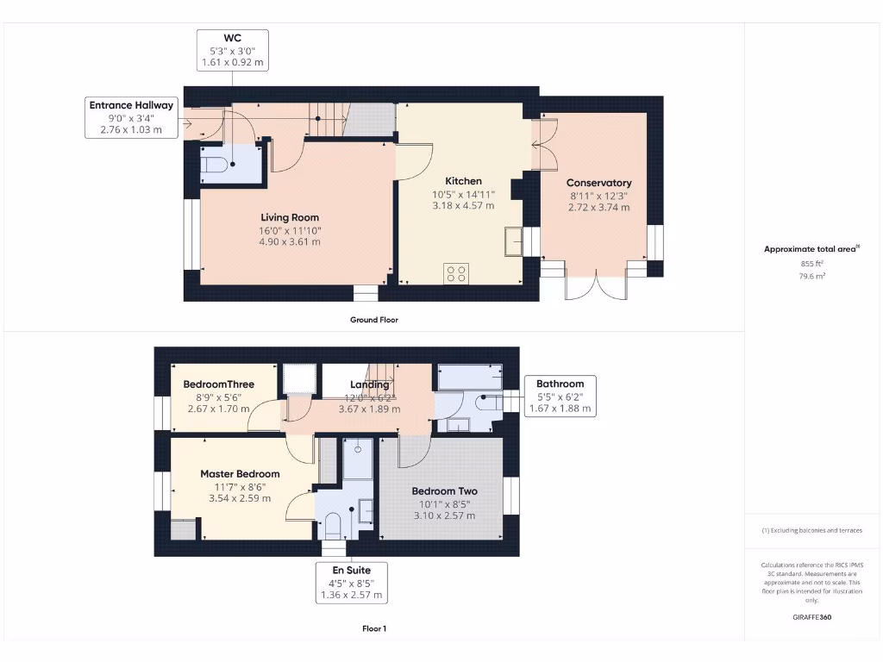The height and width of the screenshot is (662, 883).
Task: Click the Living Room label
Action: click(x=290, y=217)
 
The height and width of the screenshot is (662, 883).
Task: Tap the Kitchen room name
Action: click(x=463, y=181)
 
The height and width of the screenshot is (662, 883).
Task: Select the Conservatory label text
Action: click(x=598, y=183)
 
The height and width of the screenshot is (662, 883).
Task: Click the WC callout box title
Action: click(x=232, y=37)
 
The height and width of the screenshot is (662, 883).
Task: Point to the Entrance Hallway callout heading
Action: click(x=131, y=105)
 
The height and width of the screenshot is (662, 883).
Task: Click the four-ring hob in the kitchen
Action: click(x=455, y=274)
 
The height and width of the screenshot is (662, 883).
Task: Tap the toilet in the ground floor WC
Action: click(x=216, y=164)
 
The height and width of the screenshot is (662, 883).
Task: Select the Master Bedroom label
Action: click(x=240, y=474)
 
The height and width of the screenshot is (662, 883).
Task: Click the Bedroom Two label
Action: click(x=444, y=491)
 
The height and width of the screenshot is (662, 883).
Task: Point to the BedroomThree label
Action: click(x=218, y=384)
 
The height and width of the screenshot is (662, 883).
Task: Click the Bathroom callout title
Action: click(x=560, y=384)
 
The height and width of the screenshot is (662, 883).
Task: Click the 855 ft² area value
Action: click(x=811, y=265)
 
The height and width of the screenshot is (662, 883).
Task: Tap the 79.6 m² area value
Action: click(x=811, y=277)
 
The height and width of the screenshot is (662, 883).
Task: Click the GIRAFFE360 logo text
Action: click(x=811, y=617)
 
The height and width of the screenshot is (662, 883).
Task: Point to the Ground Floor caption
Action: click(x=373, y=320)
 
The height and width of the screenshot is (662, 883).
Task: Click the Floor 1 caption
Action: click(x=373, y=629)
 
